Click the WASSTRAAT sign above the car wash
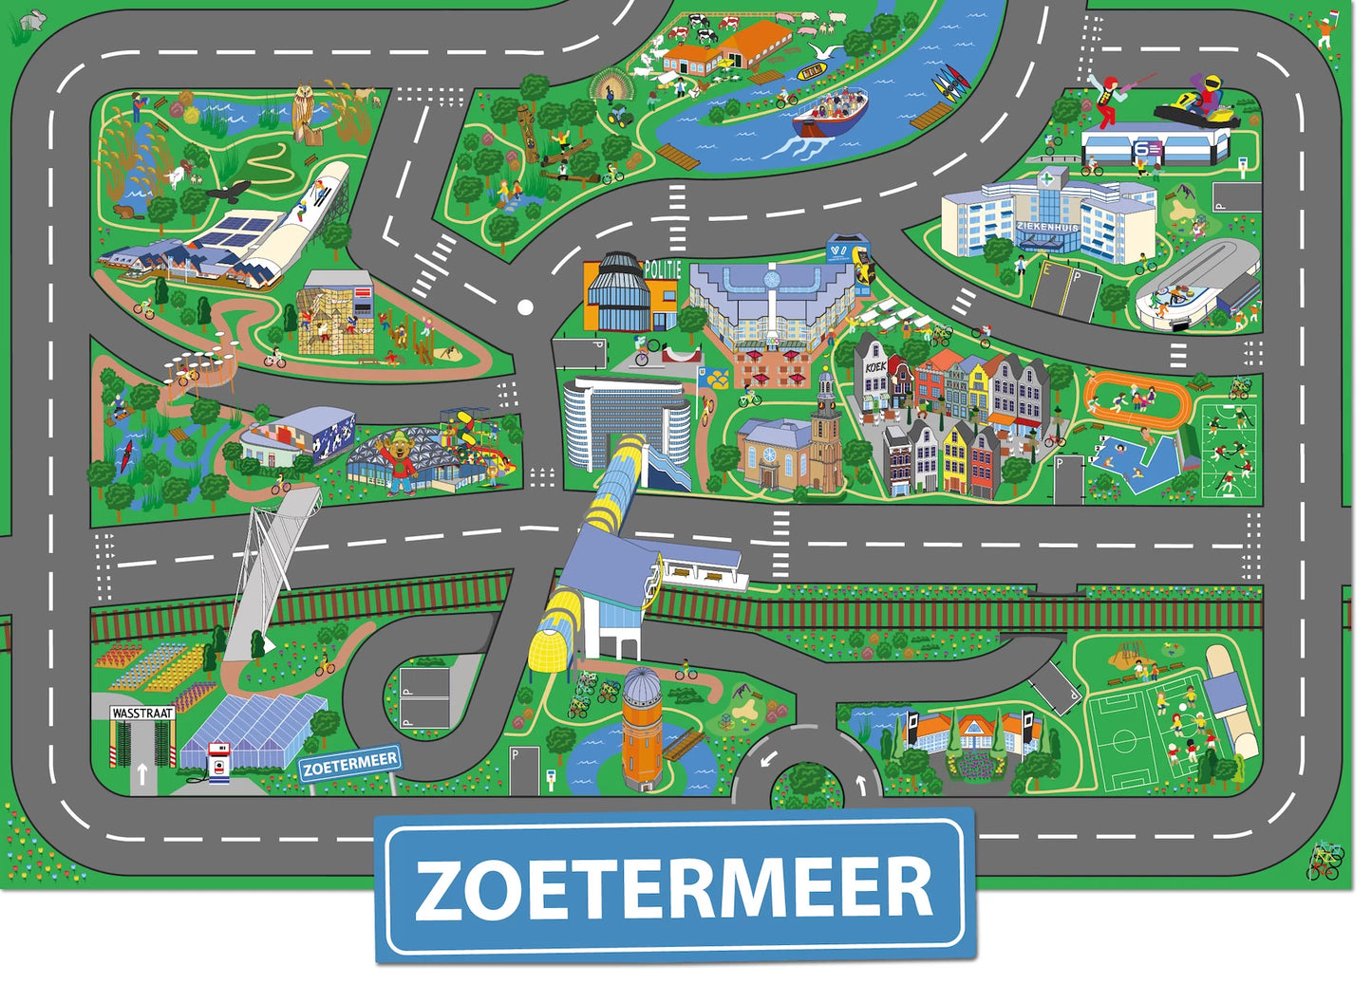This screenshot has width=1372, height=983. [x=142, y=713]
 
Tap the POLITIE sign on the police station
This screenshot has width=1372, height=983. [x=663, y=270]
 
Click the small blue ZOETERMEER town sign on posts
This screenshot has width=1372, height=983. [x=350, y=762]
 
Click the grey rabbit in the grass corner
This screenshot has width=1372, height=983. [x=34, y=18]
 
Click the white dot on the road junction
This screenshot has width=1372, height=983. [x=525, y=307]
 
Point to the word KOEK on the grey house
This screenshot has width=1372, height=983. [x=874, y=366]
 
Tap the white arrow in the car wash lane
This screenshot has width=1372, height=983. [x=141, y=773]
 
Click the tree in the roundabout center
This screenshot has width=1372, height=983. [x=806, y=783]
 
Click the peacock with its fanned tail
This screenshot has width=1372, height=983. [x=607, y=87]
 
